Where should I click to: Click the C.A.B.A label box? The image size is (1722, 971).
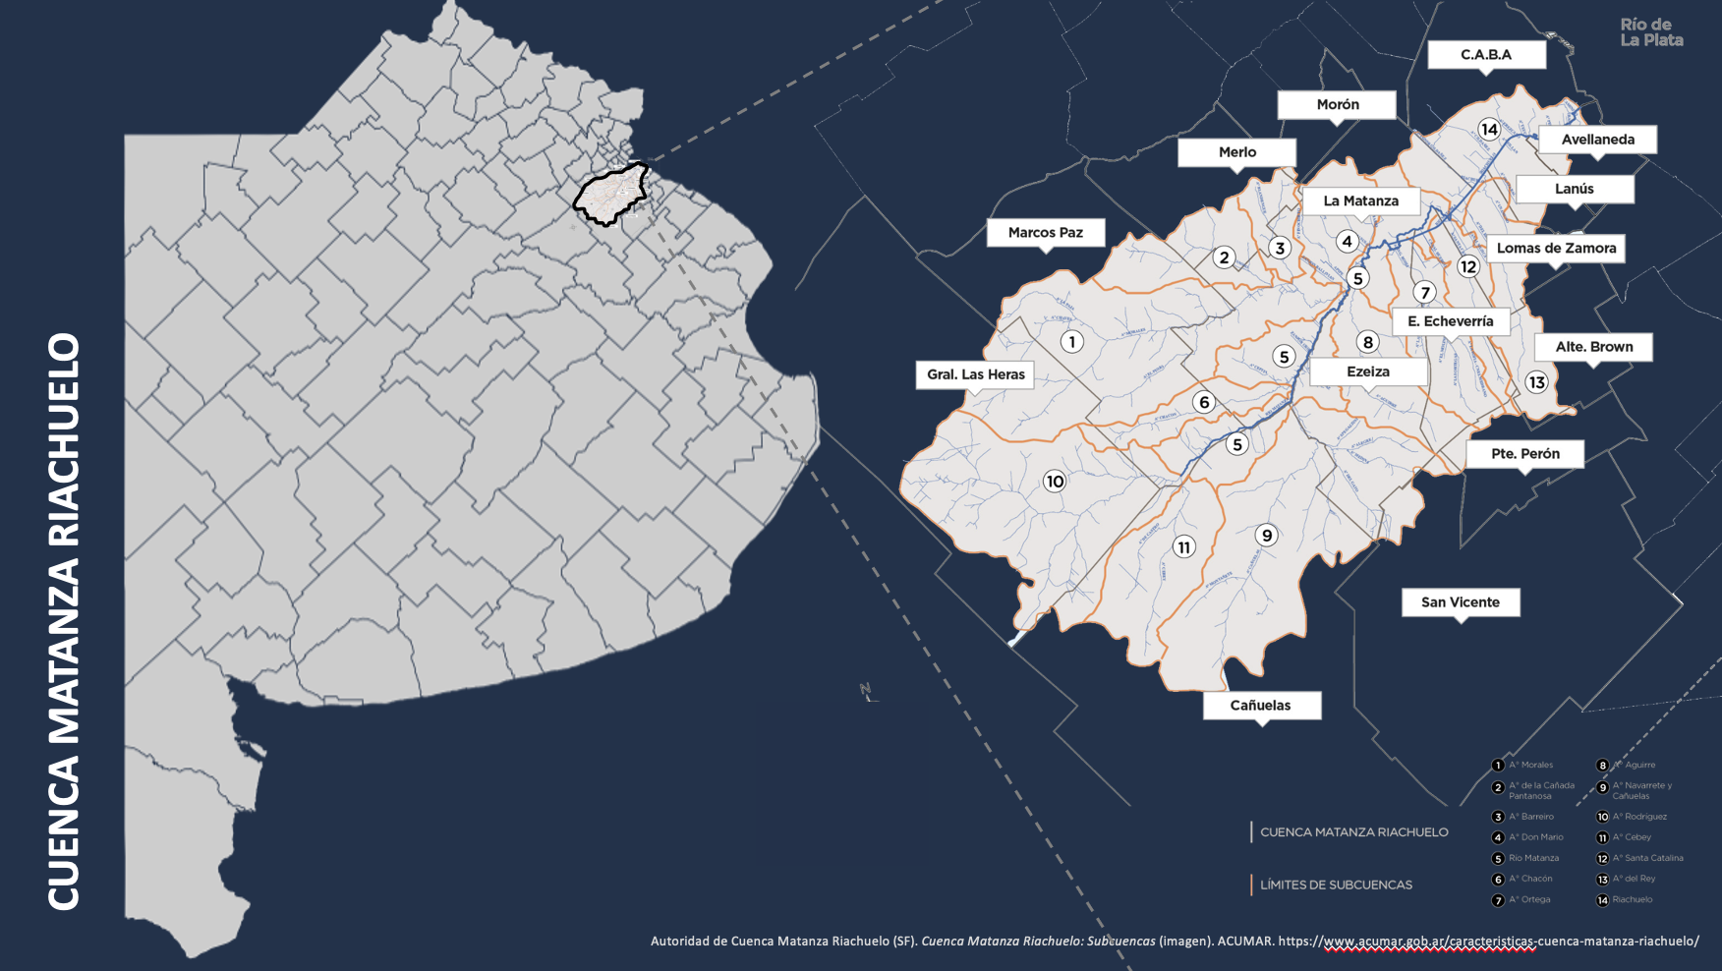click(1486, 54)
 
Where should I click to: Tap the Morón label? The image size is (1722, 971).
click(1337, 104)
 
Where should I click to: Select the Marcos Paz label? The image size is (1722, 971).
click(1045, 232)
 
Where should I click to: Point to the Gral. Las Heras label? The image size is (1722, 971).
click(975, 374)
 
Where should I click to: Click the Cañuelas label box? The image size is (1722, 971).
click(1261, 705)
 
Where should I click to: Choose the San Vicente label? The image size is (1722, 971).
click(1461, 601)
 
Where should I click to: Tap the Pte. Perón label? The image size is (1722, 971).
click(1524, 453)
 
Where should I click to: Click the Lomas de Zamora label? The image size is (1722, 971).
click(1556, 248)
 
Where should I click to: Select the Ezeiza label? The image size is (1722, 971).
click(1368, 371)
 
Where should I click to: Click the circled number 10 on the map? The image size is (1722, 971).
click(1055, 481)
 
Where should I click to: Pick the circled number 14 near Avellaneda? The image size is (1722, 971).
click(1489, 129)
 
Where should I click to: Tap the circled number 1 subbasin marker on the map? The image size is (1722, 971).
click(1071, 341)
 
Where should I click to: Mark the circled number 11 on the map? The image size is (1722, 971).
click(1183, 547)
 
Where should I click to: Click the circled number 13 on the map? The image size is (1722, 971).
click(1536, 382)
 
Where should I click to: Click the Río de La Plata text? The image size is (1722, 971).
click(1650, 32)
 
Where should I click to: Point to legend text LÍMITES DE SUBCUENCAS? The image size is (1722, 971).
click(1336, 885)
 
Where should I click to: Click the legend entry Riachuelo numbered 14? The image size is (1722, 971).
click(1632, 899)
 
